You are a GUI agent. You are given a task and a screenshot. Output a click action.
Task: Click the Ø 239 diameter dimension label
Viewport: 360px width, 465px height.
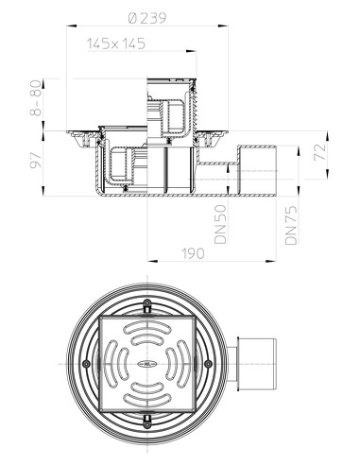pyautogui.click(x=147, y=19)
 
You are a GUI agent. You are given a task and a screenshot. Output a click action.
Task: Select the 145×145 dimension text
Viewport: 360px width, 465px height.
pyautogui.click(x=116, y=43)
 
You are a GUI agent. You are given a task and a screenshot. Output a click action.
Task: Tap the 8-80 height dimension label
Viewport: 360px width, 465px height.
pyautogui.click(x=36, y=98)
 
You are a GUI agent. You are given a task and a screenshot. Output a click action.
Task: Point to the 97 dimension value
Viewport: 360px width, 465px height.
pyautogui.click(x=36, y=160)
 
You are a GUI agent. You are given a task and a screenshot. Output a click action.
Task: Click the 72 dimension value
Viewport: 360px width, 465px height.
pyautogui.click(x=320, y=152)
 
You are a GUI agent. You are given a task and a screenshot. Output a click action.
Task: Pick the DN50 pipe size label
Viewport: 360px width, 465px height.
pyautogui.click(x=220, y=224)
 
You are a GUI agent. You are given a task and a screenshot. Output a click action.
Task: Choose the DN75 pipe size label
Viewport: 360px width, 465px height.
pyautogui.click(x=291, y=225)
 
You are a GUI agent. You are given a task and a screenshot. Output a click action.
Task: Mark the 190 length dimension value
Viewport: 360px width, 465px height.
pyautogui.click(x=193, y=253)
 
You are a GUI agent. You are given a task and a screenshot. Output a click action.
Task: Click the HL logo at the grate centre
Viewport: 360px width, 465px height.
pyautogui.click(x=147, y=364)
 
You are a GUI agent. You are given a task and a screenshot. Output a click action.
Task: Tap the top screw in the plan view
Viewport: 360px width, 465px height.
pyautogui.click(x=146, y=302)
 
